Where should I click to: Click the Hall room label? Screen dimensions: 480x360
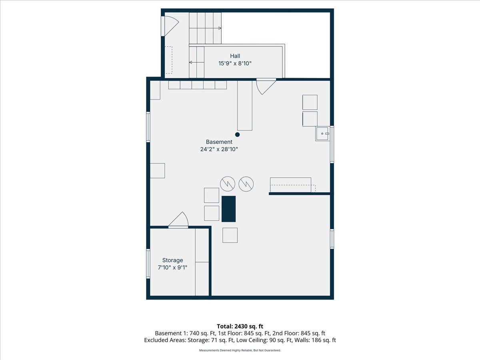pos(235,56)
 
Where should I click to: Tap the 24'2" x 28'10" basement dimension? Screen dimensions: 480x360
pos(219,149)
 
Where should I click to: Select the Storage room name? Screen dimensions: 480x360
pos(172,260)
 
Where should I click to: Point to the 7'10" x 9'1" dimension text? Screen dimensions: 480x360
pos(172,268)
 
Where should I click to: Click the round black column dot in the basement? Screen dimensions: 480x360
pos(237,135)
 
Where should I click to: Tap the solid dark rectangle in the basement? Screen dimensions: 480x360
pos(228,209)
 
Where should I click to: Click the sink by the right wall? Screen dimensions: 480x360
pos(322,134)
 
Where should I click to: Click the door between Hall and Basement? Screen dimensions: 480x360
pos(266,86)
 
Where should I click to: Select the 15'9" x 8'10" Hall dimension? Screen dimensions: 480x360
pos(235,64)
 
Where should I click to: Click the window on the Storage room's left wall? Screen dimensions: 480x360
pos(148,264)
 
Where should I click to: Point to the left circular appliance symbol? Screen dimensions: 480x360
pos(228,184)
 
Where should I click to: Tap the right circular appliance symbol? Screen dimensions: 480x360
pos(246,184)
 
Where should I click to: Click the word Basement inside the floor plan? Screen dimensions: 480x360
pos(219,142)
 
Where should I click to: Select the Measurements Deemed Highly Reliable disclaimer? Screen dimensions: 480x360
pos(240,350)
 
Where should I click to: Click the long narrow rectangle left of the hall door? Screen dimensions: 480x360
pos(245,106)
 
